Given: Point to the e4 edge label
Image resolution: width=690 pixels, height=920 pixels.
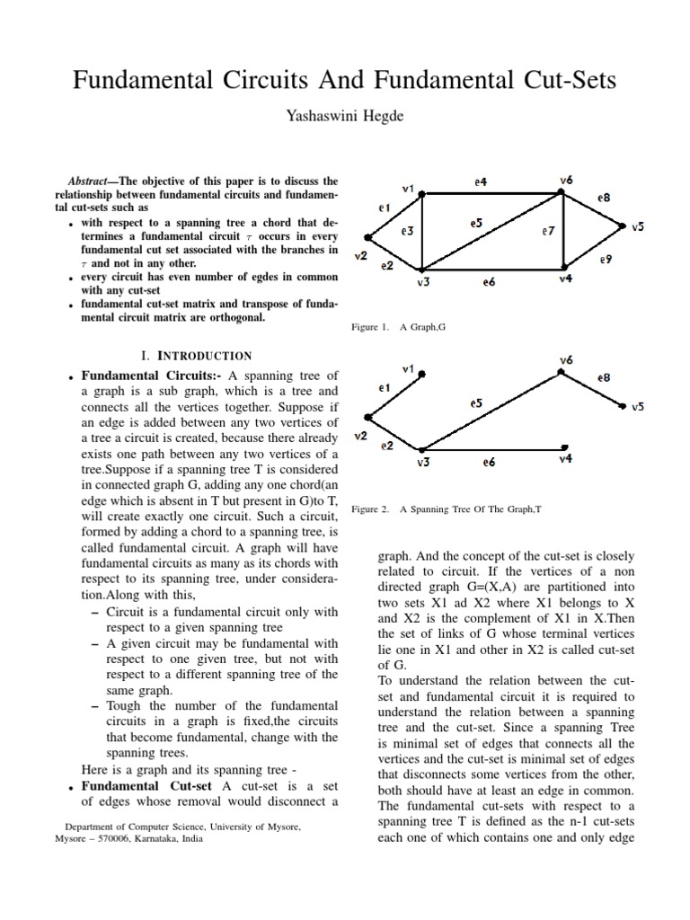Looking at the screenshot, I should (x=481, y=181).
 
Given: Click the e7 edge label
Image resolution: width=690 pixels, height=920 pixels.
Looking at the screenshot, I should (x=547, y=231).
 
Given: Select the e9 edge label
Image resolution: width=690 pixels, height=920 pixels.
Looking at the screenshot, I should (x=606, y=260).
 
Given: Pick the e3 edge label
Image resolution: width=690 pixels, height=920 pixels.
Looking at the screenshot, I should (x=407, y=231).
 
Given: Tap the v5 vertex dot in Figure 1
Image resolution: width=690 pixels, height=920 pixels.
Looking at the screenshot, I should (x=623, y=228).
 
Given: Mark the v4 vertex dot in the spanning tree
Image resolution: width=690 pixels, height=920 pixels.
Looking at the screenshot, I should (x=564, y=447).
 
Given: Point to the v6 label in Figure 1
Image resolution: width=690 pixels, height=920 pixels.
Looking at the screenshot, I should (x=565, y=180).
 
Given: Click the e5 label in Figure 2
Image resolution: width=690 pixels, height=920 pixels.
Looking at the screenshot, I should (x=476, y=403).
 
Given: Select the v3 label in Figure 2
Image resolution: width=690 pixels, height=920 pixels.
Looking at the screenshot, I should (x=423, y=463).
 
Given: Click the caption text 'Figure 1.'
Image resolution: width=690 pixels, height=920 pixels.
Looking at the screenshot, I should (x=370, y=328).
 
